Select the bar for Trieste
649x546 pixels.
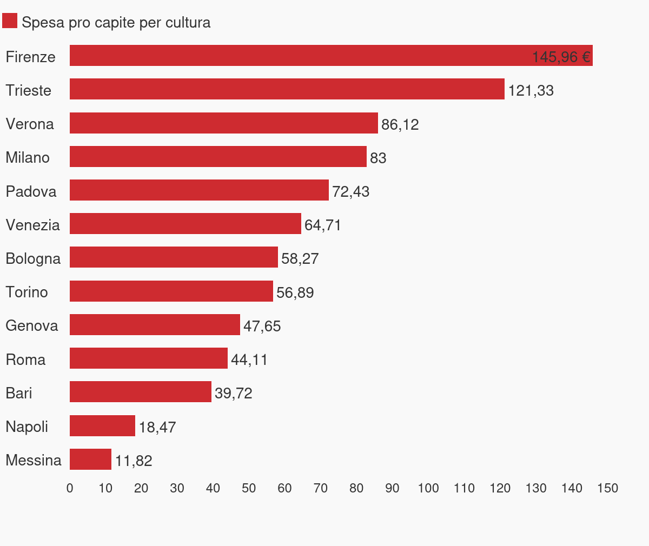click(x=287, y=89)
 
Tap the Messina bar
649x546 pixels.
click(x=90, y=460)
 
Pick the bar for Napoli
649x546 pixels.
click(x=102, y=426)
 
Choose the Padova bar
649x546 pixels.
click(x=199, y=190)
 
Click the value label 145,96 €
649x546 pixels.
click(x=561, y=57)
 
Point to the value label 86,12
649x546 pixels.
click(x=400, y=125)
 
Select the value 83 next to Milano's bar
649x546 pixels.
click(x=378, y=158)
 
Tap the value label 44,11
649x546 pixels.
click(x=249, y=360)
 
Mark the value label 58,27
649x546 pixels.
click(x=300, y=259)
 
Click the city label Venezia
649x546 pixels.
click(x=32, y=225)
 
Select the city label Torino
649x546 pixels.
click(x=27, y=292)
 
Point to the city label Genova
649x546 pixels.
click(x=31, y=326)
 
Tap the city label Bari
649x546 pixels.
click(x=19, y=394)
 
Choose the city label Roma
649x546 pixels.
click(x=25, y=360)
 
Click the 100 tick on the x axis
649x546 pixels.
click(x=428, y=489)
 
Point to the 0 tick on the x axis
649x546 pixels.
click(x=70, y=489)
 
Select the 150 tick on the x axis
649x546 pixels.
click(x=607, y=489)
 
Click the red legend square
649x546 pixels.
click(x=10, y=21)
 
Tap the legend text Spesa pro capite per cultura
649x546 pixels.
click(x=116, y=23)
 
